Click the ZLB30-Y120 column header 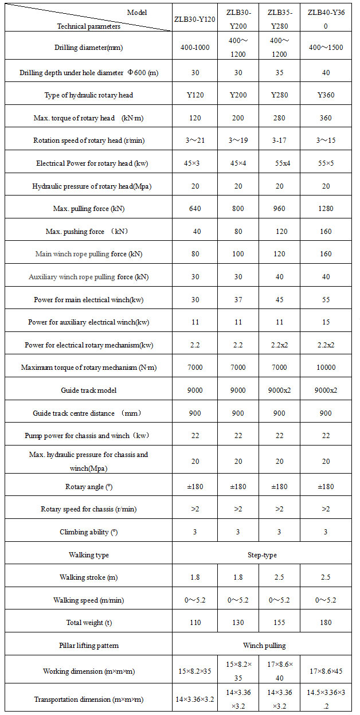pos(195,19)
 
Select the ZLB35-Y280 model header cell pos(279,19)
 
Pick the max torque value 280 pos(279,118)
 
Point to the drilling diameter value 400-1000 pos(195,47)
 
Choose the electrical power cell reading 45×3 pos(195,163)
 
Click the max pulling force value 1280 pos(325,209)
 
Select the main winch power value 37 pos(238,299)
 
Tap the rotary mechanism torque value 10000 pos(325,368)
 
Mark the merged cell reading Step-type pos(261,555)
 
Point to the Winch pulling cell pos(261,646)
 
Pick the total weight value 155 pos(279,623)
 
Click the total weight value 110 pos(195,623)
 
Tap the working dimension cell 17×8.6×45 pos(325,671)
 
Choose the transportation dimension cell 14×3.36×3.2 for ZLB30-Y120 pos(195,700)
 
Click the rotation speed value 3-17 pos(279,140)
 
